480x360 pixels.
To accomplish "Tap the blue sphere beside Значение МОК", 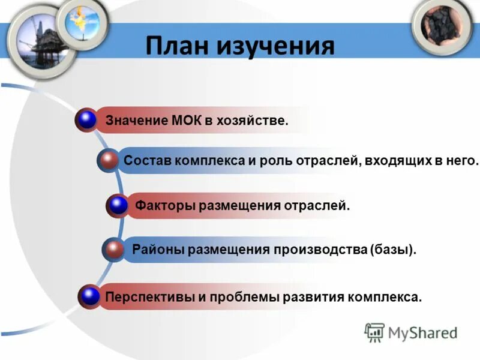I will point(88,120).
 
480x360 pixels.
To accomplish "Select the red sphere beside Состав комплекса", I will point(109,160).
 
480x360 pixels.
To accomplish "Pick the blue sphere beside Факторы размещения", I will point(119,205).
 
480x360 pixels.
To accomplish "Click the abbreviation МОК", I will point(187,121).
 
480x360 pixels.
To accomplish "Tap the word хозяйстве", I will point(253,121).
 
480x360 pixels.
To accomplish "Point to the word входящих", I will point(403,161).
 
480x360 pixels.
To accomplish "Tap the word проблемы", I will point(240,296).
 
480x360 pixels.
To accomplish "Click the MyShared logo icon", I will point(374,332).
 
